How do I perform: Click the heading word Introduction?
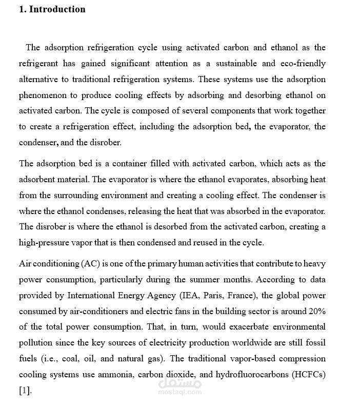point(57,9)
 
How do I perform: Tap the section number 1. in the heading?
point(23,9)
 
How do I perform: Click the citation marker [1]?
point(25,391)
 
